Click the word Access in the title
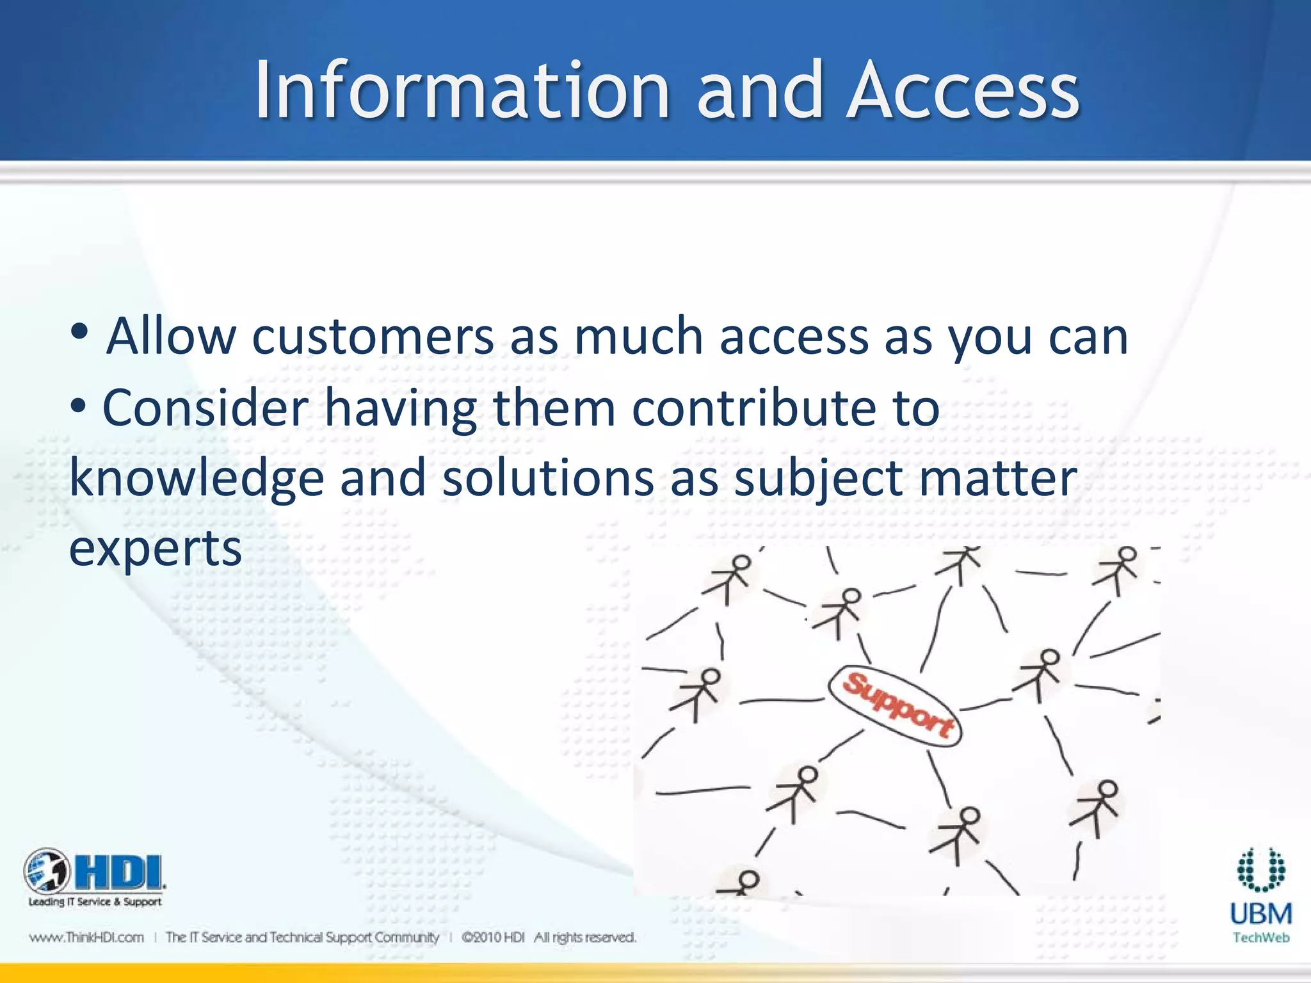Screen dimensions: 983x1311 pos(963,91)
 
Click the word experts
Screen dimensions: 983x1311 pos(156,549)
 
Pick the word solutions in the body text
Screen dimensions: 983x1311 pos(548,479)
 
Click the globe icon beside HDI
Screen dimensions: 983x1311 pos(47,870)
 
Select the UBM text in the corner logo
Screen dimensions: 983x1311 pos(1260,914)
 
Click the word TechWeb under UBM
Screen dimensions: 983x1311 pos(1260,938)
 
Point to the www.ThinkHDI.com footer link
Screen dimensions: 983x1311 pos(86,938)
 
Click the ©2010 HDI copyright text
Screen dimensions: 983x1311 pos(492,938)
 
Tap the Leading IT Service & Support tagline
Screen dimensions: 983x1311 pos(95,902)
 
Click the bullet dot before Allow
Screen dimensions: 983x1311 pos(79,333)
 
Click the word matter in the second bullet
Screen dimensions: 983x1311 pos(998,479)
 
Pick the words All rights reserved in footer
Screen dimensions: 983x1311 pos(585,938)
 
